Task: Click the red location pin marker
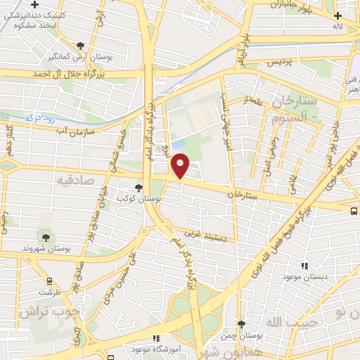click(181, 166)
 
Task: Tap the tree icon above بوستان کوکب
click(139, 188)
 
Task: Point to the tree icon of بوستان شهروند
click(46, 238)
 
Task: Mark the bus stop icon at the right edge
click(355, 210)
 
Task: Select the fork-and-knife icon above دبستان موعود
click(304, 266)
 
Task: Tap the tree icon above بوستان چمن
click(242, 324)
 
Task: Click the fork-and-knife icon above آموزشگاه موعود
click(156, 339)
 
